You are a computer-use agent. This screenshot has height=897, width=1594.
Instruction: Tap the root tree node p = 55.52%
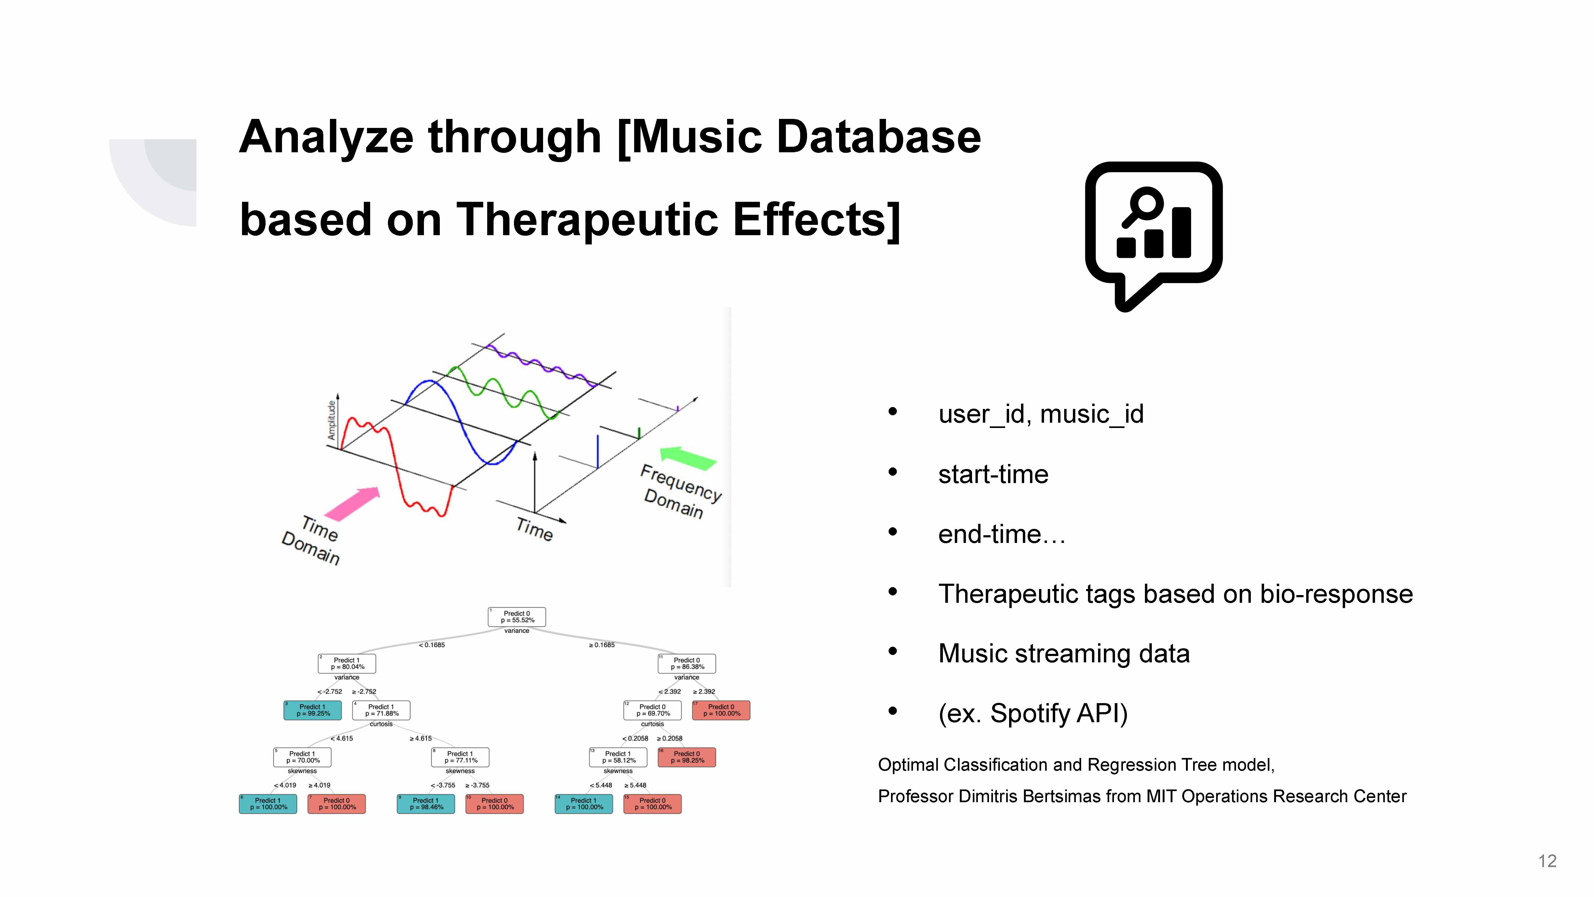(517, 617)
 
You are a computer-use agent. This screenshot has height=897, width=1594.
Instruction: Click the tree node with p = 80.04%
(347, 664)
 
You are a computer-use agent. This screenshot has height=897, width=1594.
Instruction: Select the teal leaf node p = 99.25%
(312, 710)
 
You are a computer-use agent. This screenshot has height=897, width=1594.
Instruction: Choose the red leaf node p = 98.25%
(687, 757)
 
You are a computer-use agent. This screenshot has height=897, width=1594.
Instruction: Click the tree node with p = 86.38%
(687, 664)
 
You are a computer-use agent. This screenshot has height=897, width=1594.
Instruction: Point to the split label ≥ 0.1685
(602, 645)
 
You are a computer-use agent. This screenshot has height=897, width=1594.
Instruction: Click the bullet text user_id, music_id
(1041, 414)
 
